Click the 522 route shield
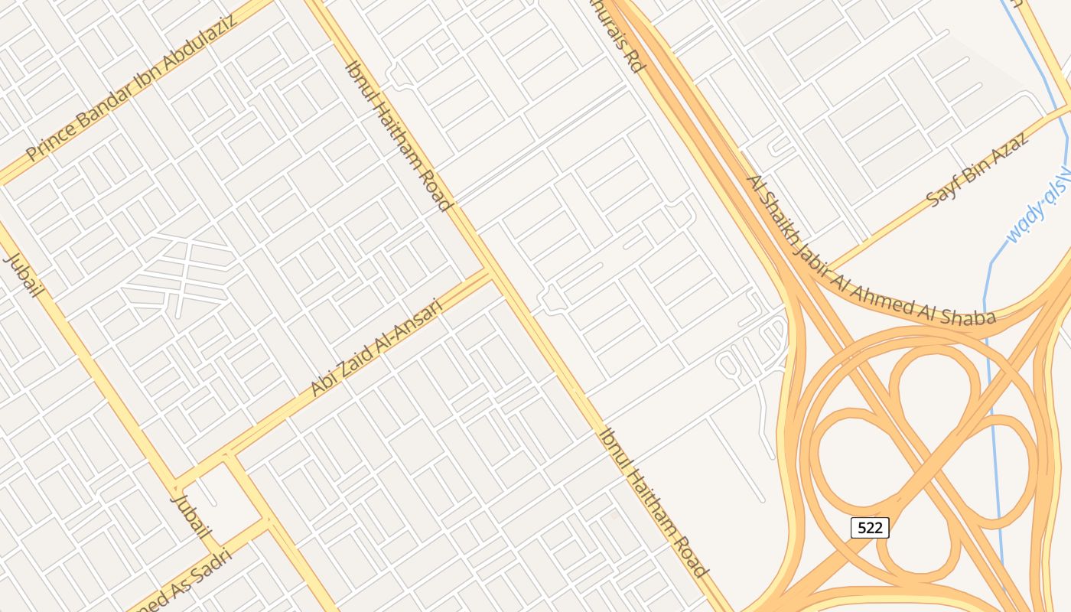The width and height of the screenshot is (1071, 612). (x=870, y=527)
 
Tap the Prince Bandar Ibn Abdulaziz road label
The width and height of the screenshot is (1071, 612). (x=130, y=86)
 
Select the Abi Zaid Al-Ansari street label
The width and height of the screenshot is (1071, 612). (x=376, y=348)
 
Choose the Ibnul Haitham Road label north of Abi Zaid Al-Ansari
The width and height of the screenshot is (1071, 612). (x=398, y=135)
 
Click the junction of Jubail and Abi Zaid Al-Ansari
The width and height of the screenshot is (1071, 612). (x=177, y=483)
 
